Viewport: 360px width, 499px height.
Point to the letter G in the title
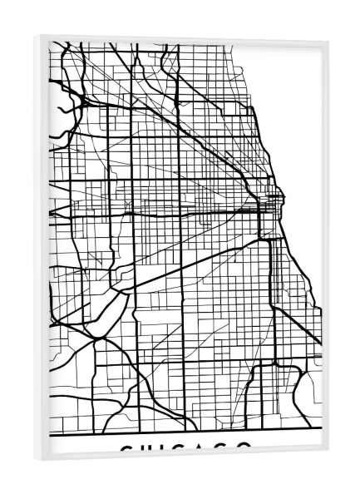click(x=224, y=449)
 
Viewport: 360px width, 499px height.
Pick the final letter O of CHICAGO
click(x=244, y=449)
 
